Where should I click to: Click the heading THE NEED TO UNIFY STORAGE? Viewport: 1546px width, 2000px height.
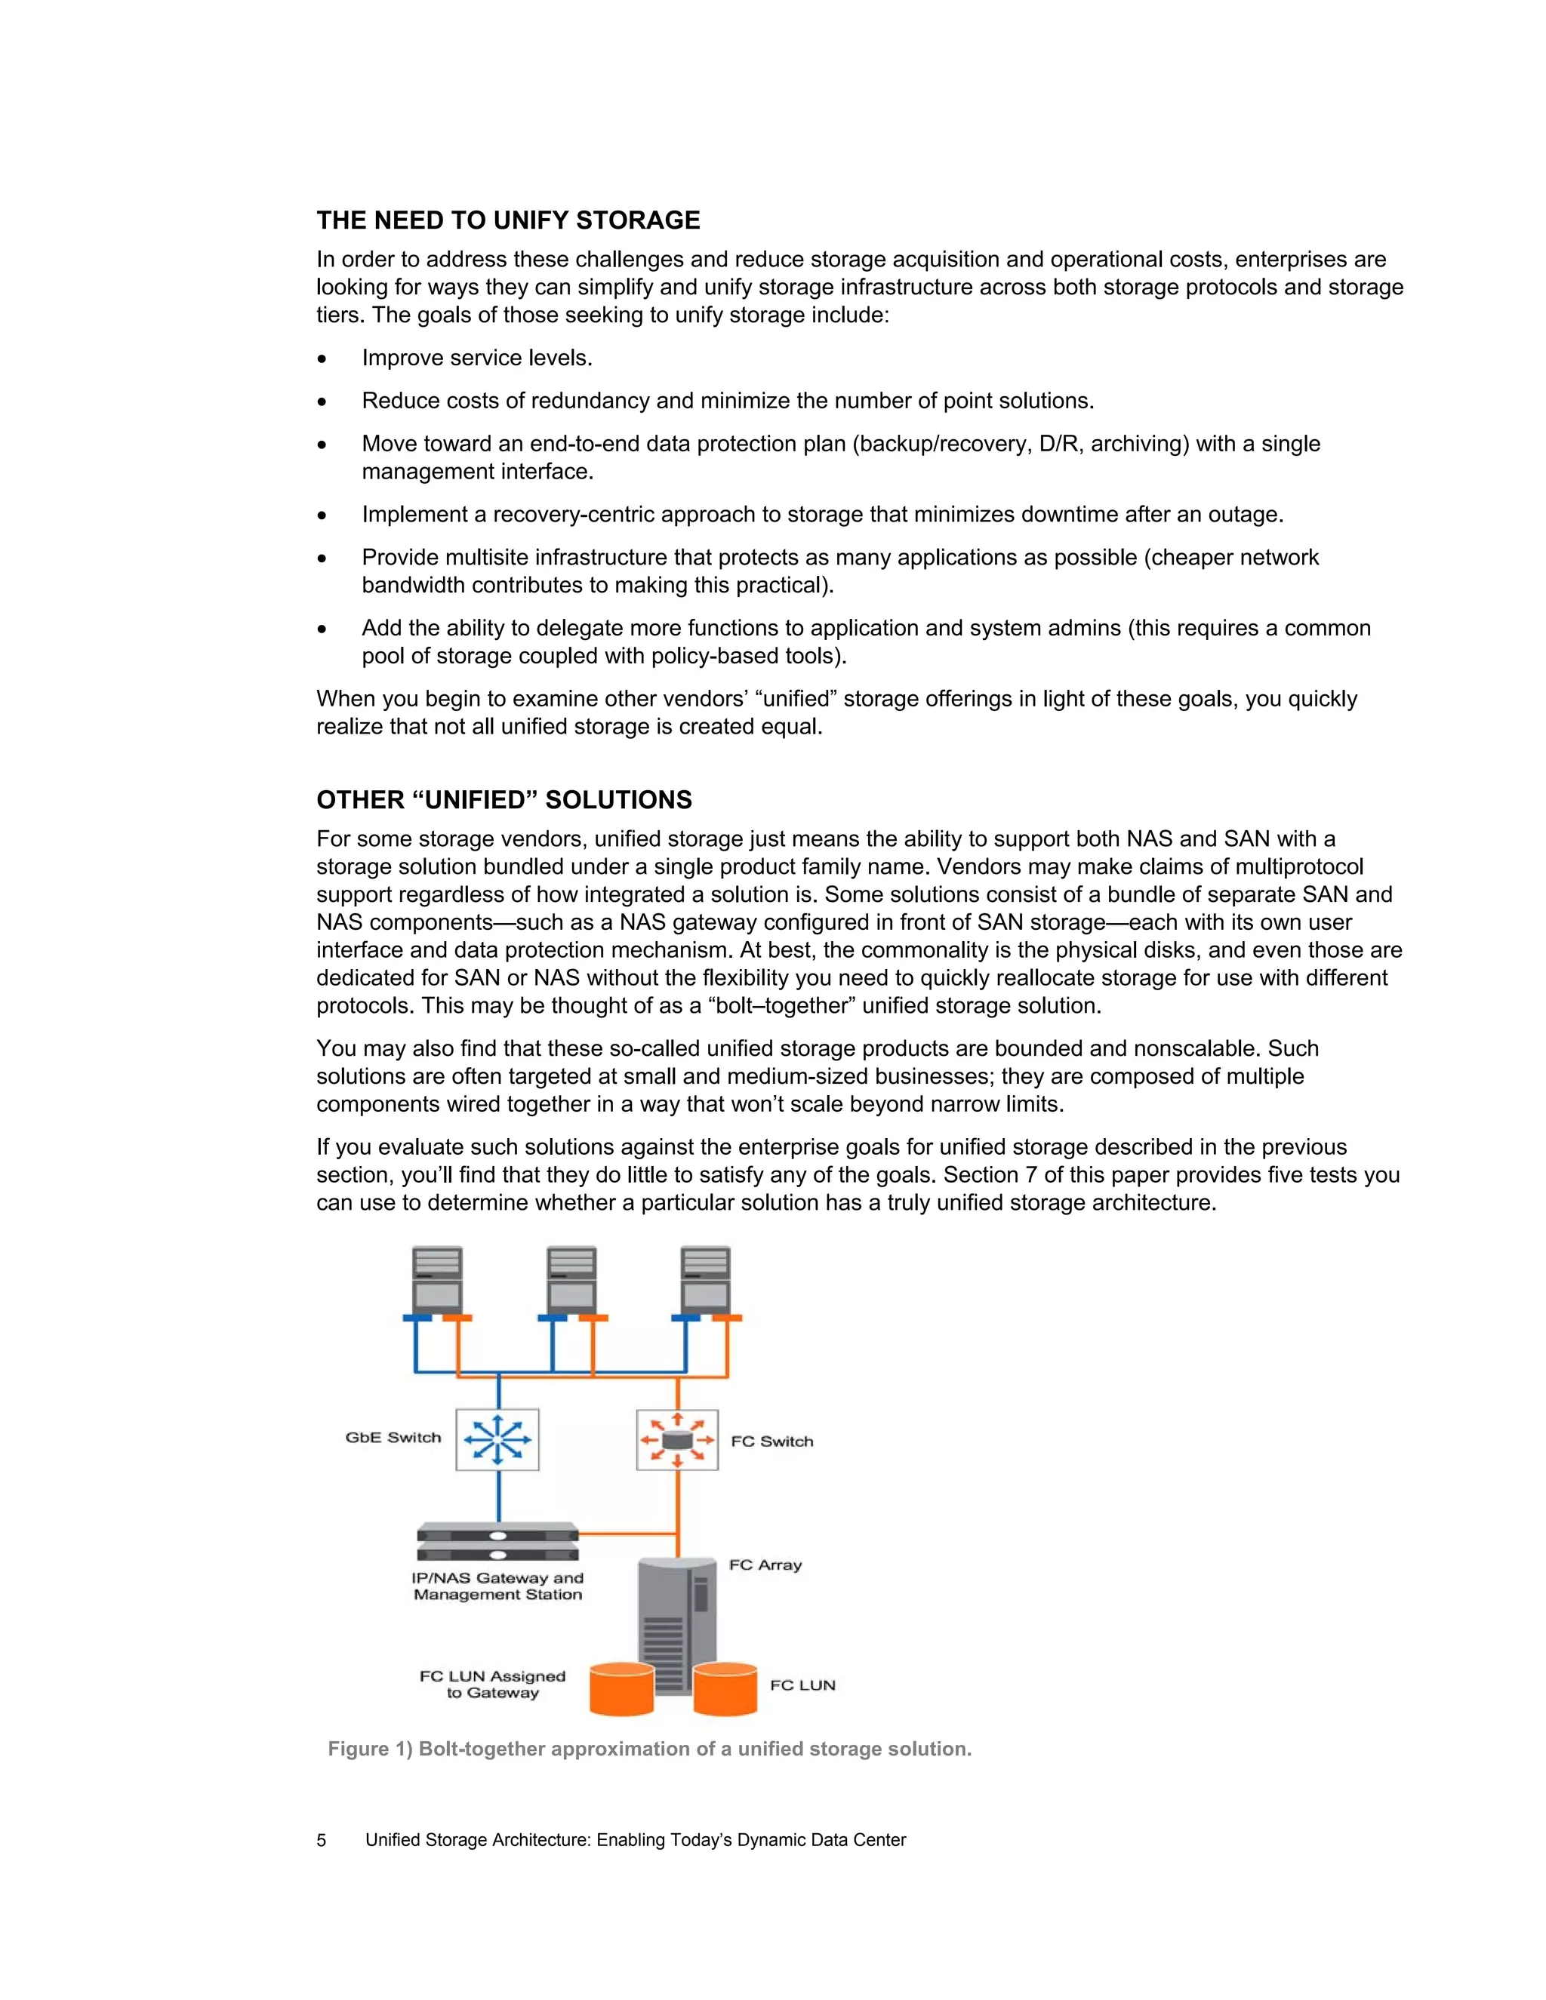pyautogui.click(x=508, y=220)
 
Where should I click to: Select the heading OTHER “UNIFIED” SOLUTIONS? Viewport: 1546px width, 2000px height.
pyautogui.click(x=504, y=800)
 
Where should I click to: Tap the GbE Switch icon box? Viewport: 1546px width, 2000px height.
pyautogui.click(x=497, y=1439)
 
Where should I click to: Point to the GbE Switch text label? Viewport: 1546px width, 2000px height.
pyautogui.click(x=393, y=1438)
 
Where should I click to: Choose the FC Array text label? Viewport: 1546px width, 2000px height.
pyautogui.click(x=765, y=1565)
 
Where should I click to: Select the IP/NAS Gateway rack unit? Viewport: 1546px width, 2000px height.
pyautogui.click(x=497, y=1542)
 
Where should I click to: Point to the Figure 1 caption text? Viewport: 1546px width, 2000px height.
pyautogui.click(x=649, y=1749)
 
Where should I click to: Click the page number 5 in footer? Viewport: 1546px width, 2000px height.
pyautogui.click(x=322, y=1841)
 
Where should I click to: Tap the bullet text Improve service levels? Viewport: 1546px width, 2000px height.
pyautogui.click(x=477, y=358)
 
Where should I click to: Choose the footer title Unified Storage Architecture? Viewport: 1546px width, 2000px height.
pyautogui.click(x=635, y=1841)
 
